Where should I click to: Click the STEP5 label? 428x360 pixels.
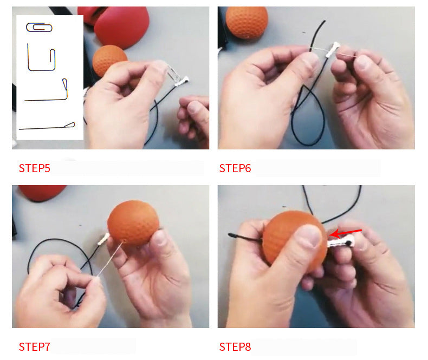tap(34, 168)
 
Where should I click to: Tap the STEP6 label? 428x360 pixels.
tap(235, 168)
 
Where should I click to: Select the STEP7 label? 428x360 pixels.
tap(34, 347)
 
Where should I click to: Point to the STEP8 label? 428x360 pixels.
tap(235, 347)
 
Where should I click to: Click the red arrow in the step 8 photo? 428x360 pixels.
tap(346, 233)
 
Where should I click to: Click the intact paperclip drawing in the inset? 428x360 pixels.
tap(39, 27)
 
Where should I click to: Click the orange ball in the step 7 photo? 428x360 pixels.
tap(133, 223)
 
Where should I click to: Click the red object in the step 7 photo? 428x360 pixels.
tap(42, 192)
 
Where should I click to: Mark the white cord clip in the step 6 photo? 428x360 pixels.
tap(333, 49)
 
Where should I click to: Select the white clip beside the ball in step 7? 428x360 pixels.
tap(103, 239)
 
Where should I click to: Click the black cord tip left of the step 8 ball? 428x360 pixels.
tap(231, 234)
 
